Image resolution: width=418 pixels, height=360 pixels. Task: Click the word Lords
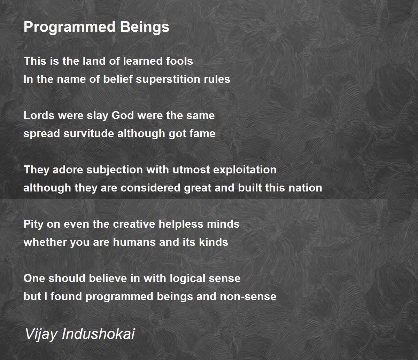pos(39,116)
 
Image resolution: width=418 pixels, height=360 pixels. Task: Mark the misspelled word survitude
pos(89,134)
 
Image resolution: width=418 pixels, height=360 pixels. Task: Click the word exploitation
pos(245,170)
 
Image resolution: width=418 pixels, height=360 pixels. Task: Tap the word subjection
pos(115,170)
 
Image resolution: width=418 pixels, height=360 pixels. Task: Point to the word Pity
pos(33,224)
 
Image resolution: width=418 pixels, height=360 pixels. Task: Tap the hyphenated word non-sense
pos(248,297)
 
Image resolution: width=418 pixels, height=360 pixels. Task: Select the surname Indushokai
pos(98,334)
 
